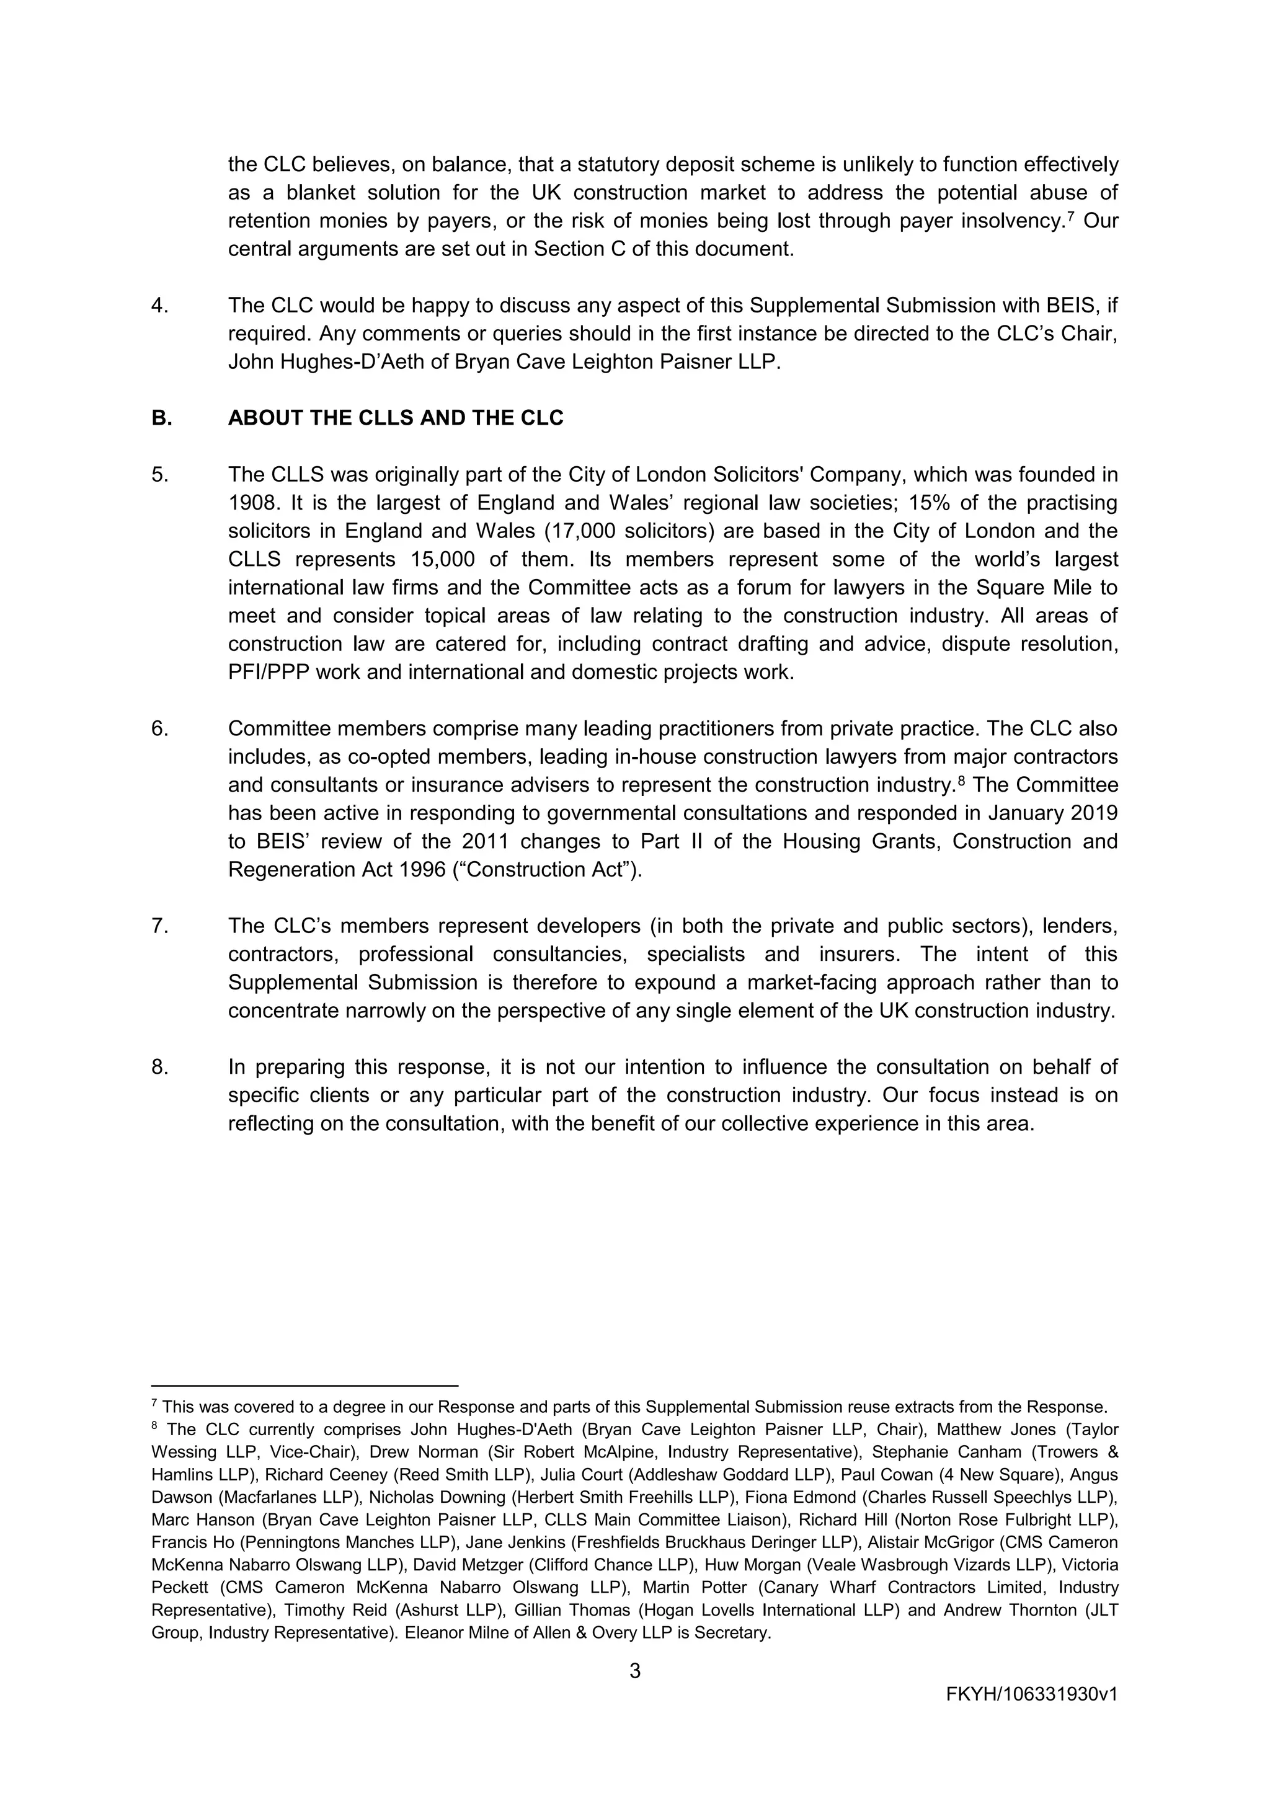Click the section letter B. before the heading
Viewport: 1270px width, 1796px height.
(x=161, y=418)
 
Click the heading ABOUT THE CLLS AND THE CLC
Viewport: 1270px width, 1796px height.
(x=395, y=418)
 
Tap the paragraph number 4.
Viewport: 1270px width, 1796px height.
(x=159, y=305)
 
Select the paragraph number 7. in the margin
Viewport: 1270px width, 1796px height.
(x=159, y=926)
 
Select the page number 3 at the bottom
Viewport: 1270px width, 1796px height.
(x=634, y=1671)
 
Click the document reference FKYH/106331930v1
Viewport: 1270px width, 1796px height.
(x=1031, y=1695)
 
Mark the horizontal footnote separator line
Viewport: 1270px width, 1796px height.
(x=304, y=1386)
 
